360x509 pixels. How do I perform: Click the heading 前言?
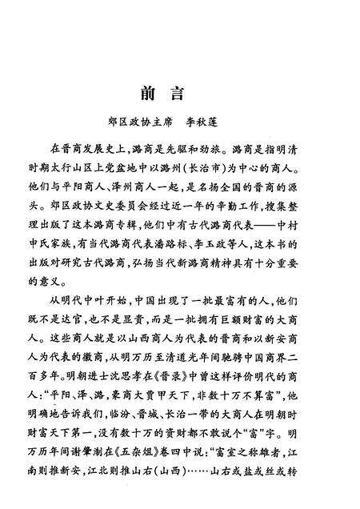click(x=179, y=90)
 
